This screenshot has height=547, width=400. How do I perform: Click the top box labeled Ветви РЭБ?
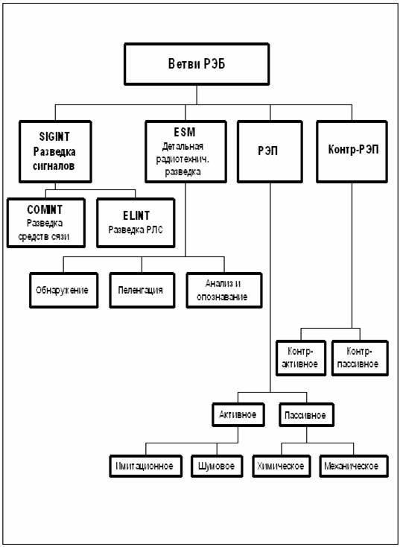click(197, 64)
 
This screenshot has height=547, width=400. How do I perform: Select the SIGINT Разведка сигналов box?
click(55, 152)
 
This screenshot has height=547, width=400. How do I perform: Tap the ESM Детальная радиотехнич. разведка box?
click(185, 152)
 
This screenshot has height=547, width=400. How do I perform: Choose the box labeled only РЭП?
click(270, 152)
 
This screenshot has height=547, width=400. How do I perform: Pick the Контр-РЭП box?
click(352, 152)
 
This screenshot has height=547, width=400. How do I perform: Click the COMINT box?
click(46, 223)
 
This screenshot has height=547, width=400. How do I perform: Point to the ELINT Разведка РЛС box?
click(136, 223)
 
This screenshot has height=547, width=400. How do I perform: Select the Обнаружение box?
click(64, 290)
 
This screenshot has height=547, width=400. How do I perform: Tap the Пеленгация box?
click(142, 290)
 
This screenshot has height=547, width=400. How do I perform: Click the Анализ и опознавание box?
click(224, 290)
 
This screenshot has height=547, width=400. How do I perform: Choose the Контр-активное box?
click(302, 358)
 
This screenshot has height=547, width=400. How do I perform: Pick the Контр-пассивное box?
click(360, 358)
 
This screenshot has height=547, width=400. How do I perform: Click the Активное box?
click(238, 415)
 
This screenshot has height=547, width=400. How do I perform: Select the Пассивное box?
click(306, 415)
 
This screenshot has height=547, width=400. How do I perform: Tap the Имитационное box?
click(145, 466)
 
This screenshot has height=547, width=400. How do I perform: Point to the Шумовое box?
click(217, 466)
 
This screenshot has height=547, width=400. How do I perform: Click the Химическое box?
click(282, 466)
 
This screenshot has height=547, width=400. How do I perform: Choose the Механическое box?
click(354, 466)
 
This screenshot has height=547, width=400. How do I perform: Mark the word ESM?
click(184, 132)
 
